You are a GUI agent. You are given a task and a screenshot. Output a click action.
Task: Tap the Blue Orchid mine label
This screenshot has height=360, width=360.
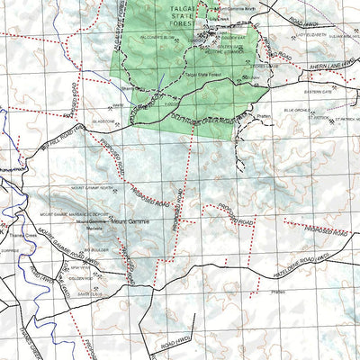(x=298, y=110)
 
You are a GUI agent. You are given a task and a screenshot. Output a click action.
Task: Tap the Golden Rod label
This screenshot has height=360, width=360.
(x=234, y=37)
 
